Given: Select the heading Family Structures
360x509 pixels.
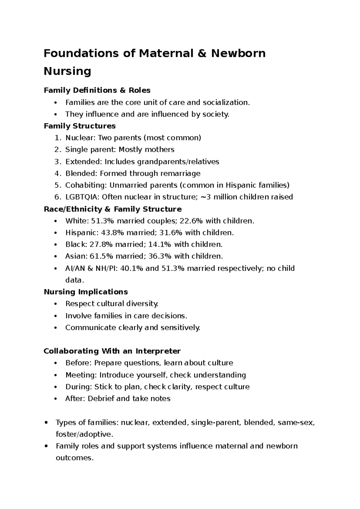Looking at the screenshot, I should [x=79, y=126].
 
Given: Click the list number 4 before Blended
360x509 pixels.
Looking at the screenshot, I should [x=58, y=173].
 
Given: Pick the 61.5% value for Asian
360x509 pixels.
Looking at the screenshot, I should [x=102, y=256].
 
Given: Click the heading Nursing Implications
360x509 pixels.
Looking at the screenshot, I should [x=86, y=292].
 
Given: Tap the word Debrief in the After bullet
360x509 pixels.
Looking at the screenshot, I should [x=101, y=399].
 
